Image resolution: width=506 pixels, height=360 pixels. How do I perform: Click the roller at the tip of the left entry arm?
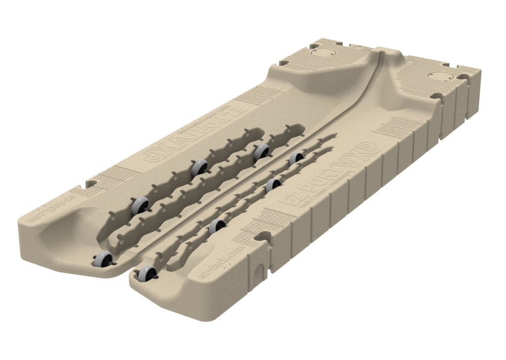tap(102, 259)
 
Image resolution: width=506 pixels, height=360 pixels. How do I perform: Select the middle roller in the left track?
tap(199, 168)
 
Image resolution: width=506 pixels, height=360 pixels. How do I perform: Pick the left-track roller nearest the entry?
tap(139, 204)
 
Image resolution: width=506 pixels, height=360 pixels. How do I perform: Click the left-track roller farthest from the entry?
tap(261, 151)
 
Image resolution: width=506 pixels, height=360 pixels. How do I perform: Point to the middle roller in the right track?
tap(273, 185)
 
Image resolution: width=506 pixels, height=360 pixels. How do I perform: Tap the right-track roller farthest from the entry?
tap(296, 158)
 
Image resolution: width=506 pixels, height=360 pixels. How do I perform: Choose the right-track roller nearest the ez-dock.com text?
tap(217, 226)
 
